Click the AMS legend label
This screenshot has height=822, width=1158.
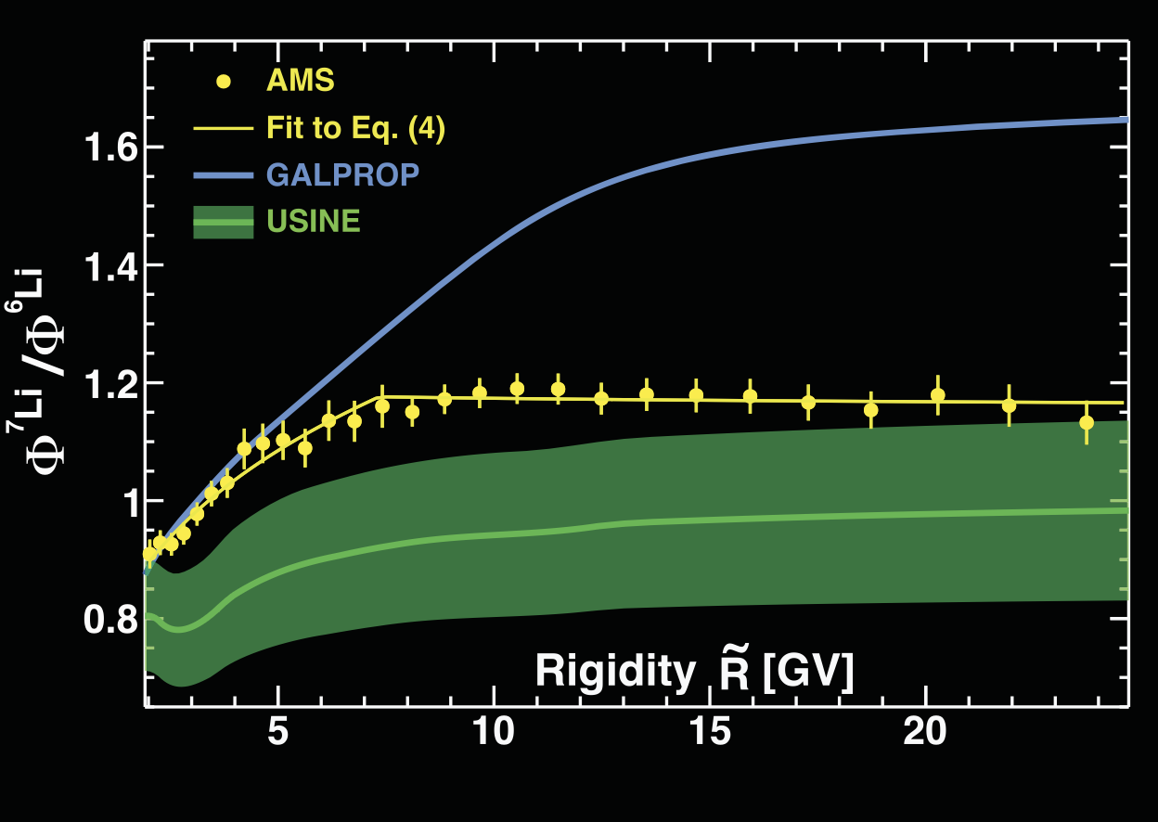tap(300, 81)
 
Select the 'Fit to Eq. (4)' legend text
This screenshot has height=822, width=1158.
tap(355, 128)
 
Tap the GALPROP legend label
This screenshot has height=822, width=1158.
tap(342, 174)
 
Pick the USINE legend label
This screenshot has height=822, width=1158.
tap(313, 222)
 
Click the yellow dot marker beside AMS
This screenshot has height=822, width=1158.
tap(223, 81)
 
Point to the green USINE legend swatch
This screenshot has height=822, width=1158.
tap(223, 223)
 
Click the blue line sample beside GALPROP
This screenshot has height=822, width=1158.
tap(223, 174)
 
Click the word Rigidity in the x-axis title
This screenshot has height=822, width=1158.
tap(613, 672)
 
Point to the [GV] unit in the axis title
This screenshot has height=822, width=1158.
tap(806, 672)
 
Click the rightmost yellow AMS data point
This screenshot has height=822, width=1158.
tap(1087, 422)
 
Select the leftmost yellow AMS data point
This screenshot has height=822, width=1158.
tap(149, 553)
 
